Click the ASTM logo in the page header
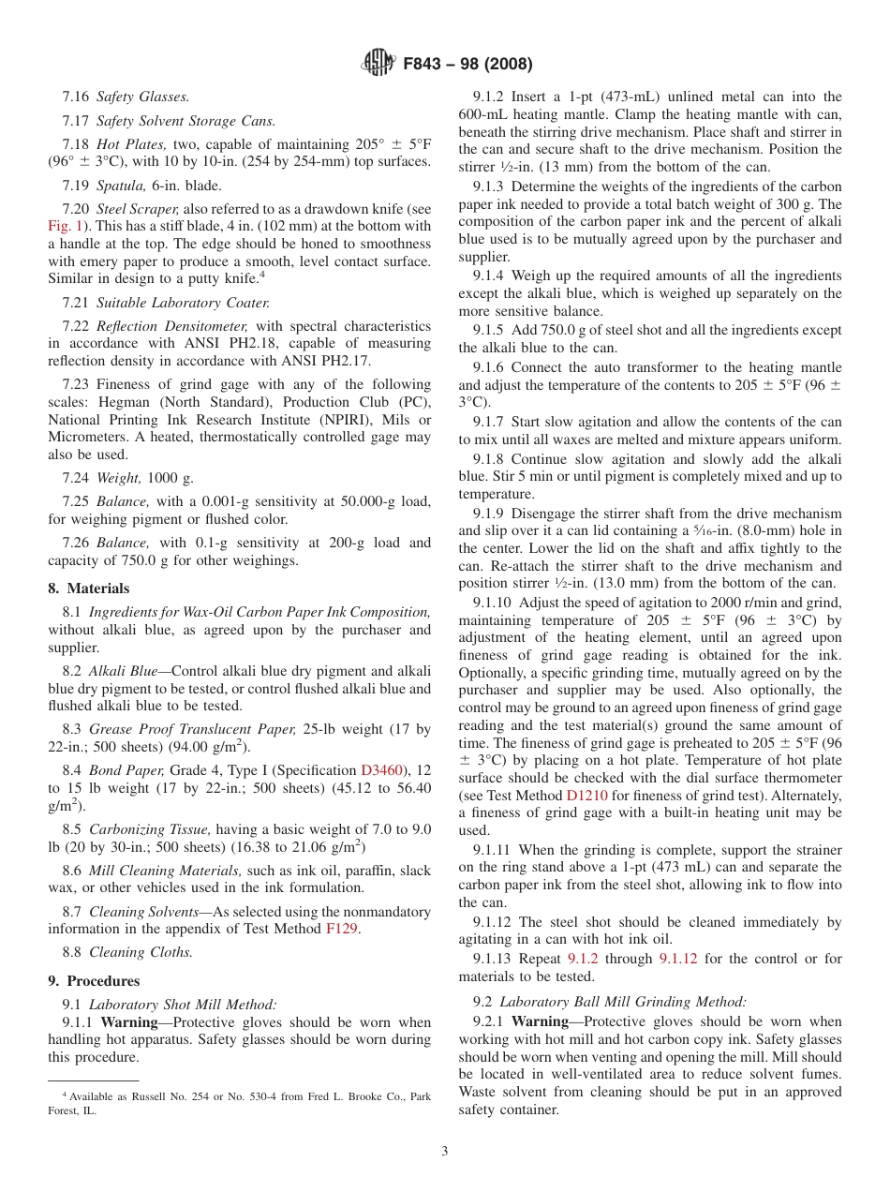(379, 64)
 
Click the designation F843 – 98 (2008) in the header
(467, 65)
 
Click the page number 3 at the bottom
(445, 1151)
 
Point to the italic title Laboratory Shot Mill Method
(183, 1004)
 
